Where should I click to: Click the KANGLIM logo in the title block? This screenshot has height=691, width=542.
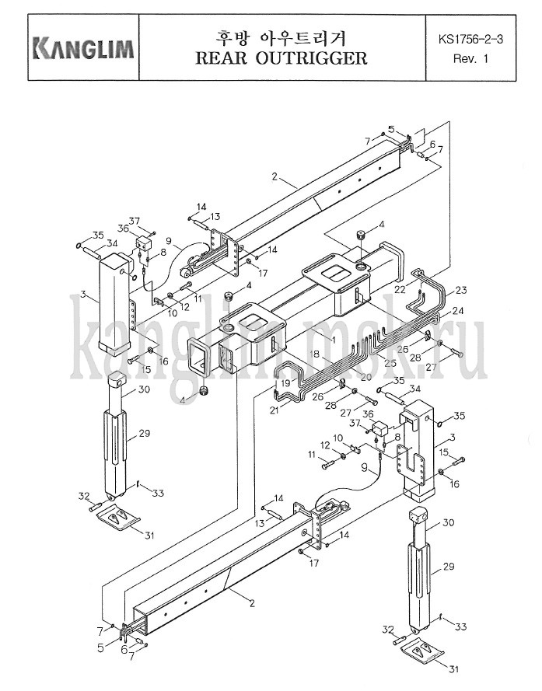pyautogui.click(x=84, y=48)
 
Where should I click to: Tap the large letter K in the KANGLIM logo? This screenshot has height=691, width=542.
pyautogui.click(x=42, y=48)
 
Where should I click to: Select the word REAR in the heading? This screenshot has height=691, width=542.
pyautogui.click(x=221, y=58)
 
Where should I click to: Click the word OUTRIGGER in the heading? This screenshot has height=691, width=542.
pyautogui.click(x=312, y=58)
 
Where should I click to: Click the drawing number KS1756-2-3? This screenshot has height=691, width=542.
pyautogui.click(x=470, y=39)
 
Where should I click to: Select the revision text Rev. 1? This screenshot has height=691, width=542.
pyautogui.click(x=470, y=58)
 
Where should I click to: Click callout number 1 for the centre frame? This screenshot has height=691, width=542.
pyautogui.click(x=334, y=340)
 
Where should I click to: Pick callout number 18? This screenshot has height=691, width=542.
pyautogui.click(x=314, y=354)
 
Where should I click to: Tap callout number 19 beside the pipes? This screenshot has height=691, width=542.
pyautogui.click(x=285, y=383)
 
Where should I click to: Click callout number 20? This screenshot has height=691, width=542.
pyautogui.click(x=366, y=377)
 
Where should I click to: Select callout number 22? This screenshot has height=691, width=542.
pyautogui.click(x=400, y=289)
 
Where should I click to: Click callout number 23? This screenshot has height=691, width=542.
pyautogui.click(x=461, y=290)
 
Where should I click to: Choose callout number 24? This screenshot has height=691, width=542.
pyautogui.click(x=458, y=311)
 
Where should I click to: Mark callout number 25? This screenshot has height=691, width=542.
pyautogui.click(x=390, y=363)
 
